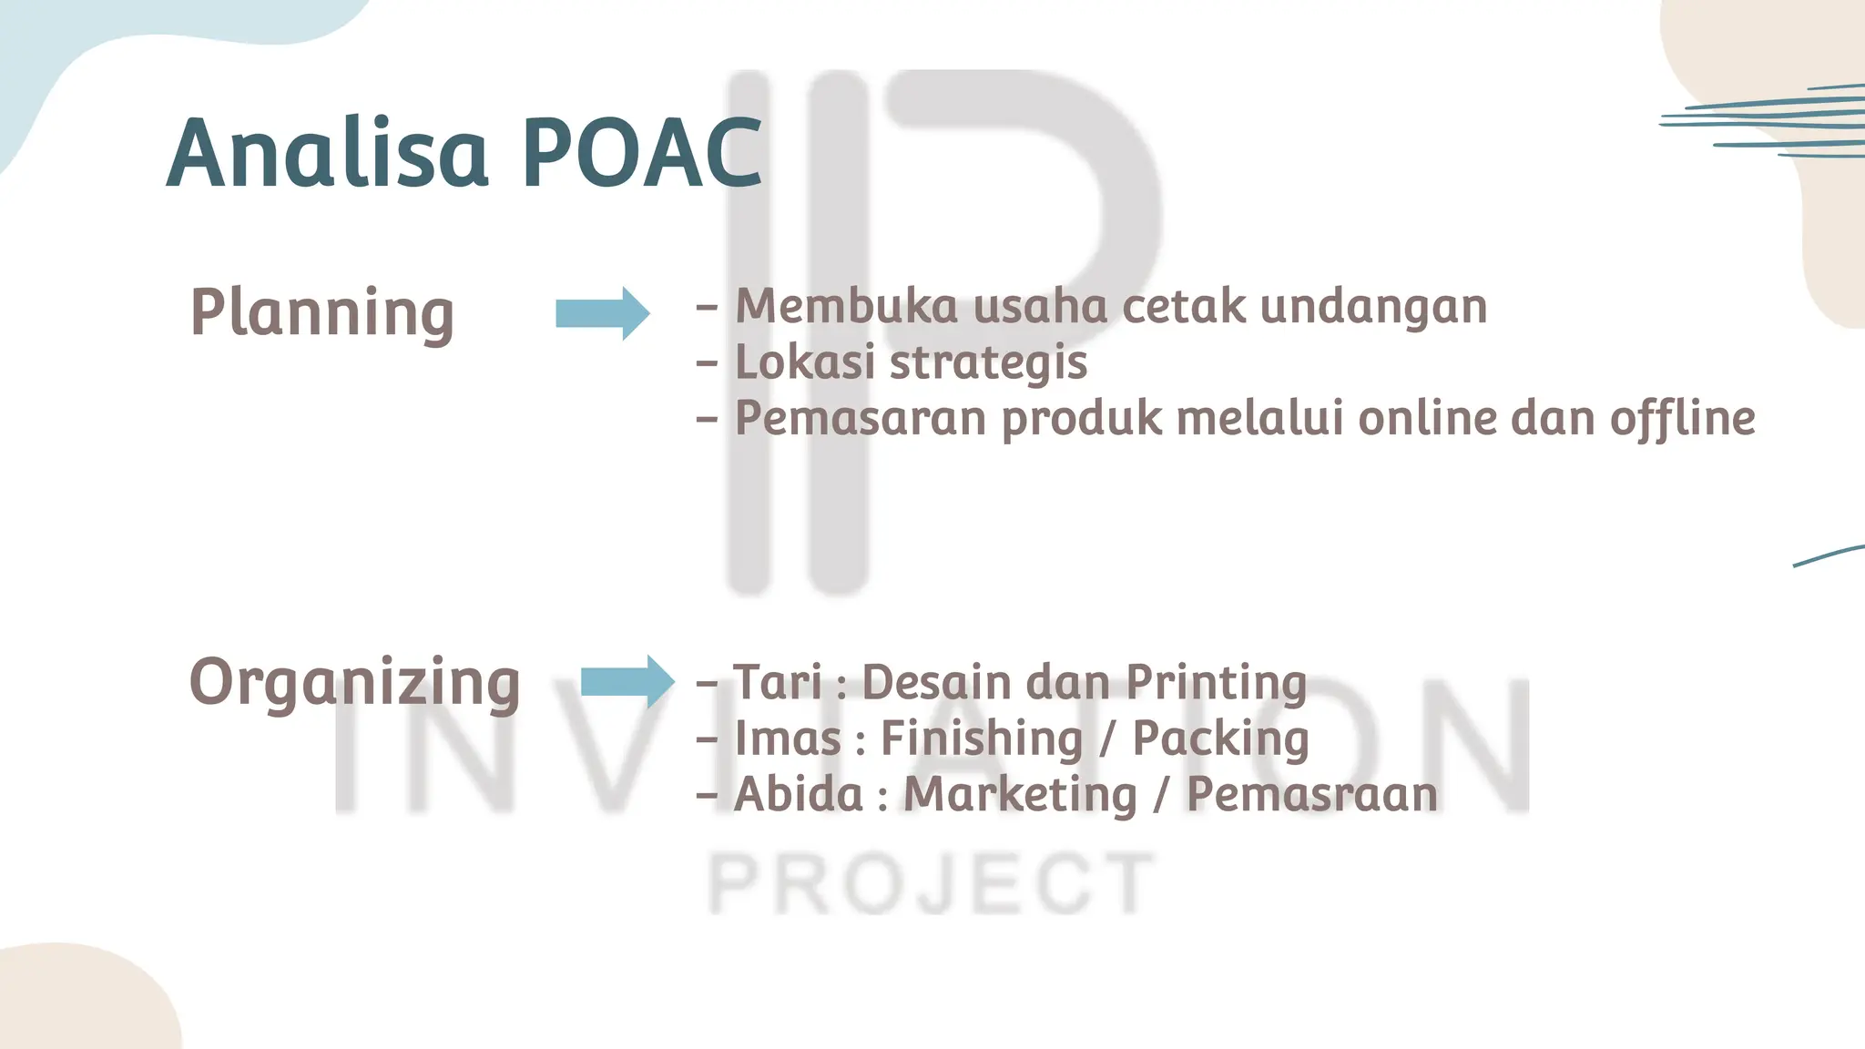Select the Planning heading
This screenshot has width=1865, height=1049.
(x=321, y=312)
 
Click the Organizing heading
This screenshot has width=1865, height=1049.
(x=354, y=682)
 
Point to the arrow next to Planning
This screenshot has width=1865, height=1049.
(x=603, y=313)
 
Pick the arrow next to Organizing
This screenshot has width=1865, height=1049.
(x=627, y=681)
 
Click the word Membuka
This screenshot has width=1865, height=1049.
(x=846, y=306)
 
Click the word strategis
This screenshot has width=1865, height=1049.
(x=988, y=363)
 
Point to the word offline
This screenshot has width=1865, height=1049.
(x=1682, y=418)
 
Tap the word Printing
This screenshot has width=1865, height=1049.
(x=1217, y=684)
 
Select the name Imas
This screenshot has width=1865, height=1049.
(x=788, y=738)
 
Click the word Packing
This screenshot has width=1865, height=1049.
(x=1220, y=738)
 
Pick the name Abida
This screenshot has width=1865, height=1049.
(x=799, y=794)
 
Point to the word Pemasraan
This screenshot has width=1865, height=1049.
(x=1312, y=794)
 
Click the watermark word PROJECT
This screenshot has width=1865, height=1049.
(x=932, y=883)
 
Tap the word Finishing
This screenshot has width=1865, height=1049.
(x=982, y=738)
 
